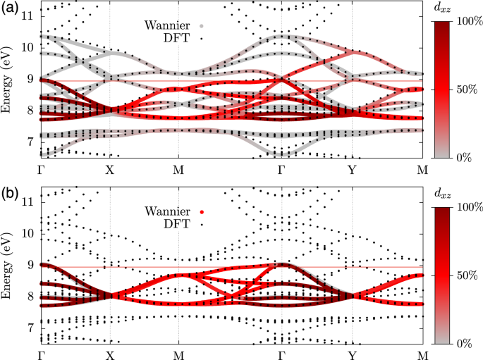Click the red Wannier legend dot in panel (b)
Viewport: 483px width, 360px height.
coord(202,211)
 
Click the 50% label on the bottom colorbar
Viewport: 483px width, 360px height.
coord(463,275)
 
